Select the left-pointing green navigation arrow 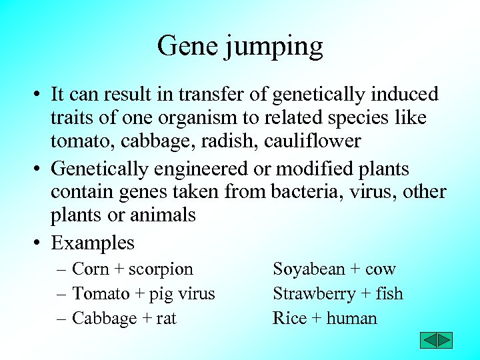coord(428,341)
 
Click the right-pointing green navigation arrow coord(445,341)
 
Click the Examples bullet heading coord(93,243)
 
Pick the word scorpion coord(161,269)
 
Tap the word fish coord(389,293)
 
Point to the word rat coord(167,319)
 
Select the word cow coord(381,269)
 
